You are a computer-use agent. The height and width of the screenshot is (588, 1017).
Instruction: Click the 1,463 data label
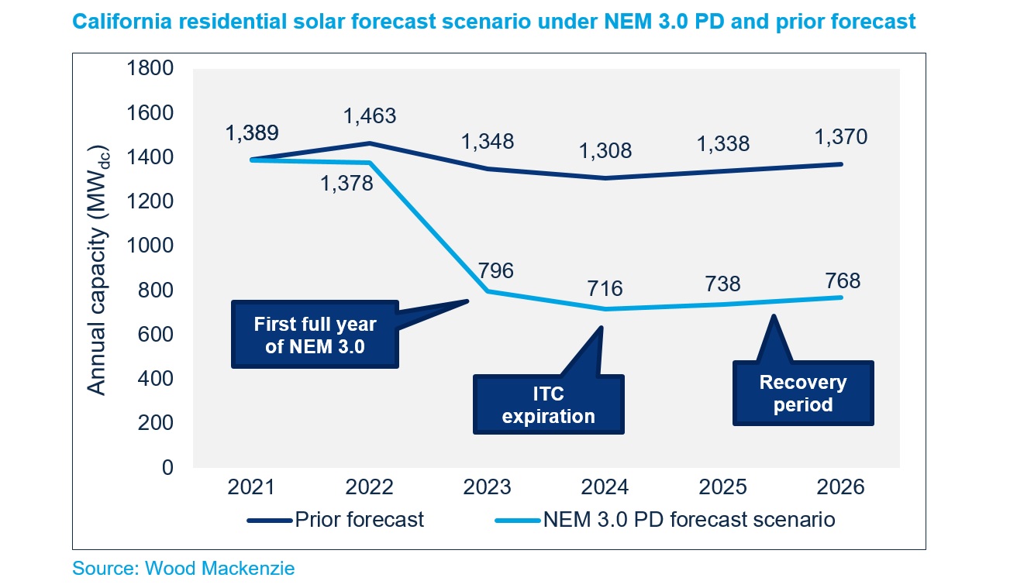pos(369,116)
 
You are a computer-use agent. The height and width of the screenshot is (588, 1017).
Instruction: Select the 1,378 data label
pos(347,184)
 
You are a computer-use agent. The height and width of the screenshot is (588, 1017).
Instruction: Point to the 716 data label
pos(605,288)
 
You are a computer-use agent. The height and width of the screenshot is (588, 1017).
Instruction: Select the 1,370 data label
pos(841,137)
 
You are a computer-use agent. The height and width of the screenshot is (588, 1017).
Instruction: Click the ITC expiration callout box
pos(548,404)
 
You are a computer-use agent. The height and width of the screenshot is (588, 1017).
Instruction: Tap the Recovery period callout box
pos(802,394)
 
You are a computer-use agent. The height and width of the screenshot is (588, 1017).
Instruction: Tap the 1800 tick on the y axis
pos(150,68)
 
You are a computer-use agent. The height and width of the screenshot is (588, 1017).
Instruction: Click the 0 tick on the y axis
pos(167,468)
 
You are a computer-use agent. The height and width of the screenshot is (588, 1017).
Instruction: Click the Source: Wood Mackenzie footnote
pos(184,569)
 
